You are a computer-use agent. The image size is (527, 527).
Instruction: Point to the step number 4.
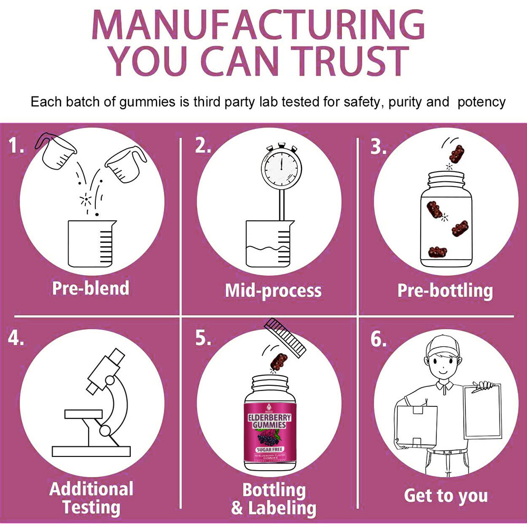(16, 338)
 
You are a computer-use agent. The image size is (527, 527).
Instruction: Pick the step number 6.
(378, 339)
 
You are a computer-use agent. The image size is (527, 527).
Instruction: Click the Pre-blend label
(91, 288)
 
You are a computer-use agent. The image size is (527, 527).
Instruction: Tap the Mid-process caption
(272, 290)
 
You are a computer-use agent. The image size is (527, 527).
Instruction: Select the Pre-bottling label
(445, 290)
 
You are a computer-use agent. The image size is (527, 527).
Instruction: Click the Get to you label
(445, 495)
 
